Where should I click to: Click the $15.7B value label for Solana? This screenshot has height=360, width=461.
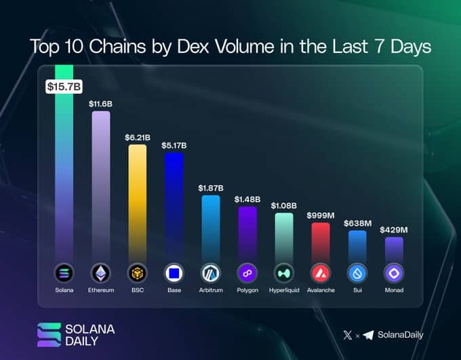click(64, 87)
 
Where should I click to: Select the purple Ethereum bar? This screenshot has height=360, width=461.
click(101, 183)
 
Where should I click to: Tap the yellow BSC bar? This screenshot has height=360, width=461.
click(138, 200)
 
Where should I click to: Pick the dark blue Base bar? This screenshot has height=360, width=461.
click(174, 203)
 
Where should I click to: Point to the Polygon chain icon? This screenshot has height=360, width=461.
click(247, 273)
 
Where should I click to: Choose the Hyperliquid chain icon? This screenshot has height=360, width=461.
click(284, 273)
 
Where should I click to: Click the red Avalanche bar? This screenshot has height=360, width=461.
click(321, 241)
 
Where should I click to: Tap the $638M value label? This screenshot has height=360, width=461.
click(357, 223)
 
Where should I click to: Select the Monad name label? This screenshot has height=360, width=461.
click(394, 290)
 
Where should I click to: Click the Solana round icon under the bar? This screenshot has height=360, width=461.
click(64, 273)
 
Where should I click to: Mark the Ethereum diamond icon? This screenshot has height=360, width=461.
click(101, 273)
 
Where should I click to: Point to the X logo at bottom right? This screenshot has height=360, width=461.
click(348, 335)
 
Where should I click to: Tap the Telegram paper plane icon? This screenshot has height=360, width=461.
click(368, 335)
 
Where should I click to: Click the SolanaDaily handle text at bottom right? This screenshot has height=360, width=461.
click(403, 335)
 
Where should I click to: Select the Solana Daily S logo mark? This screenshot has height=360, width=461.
click(49, 334)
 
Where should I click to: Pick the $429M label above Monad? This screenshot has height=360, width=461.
click(394, 230)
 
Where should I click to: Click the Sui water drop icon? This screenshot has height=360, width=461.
click(357, 273)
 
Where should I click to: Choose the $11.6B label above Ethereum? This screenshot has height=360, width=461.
click(101, 104)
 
